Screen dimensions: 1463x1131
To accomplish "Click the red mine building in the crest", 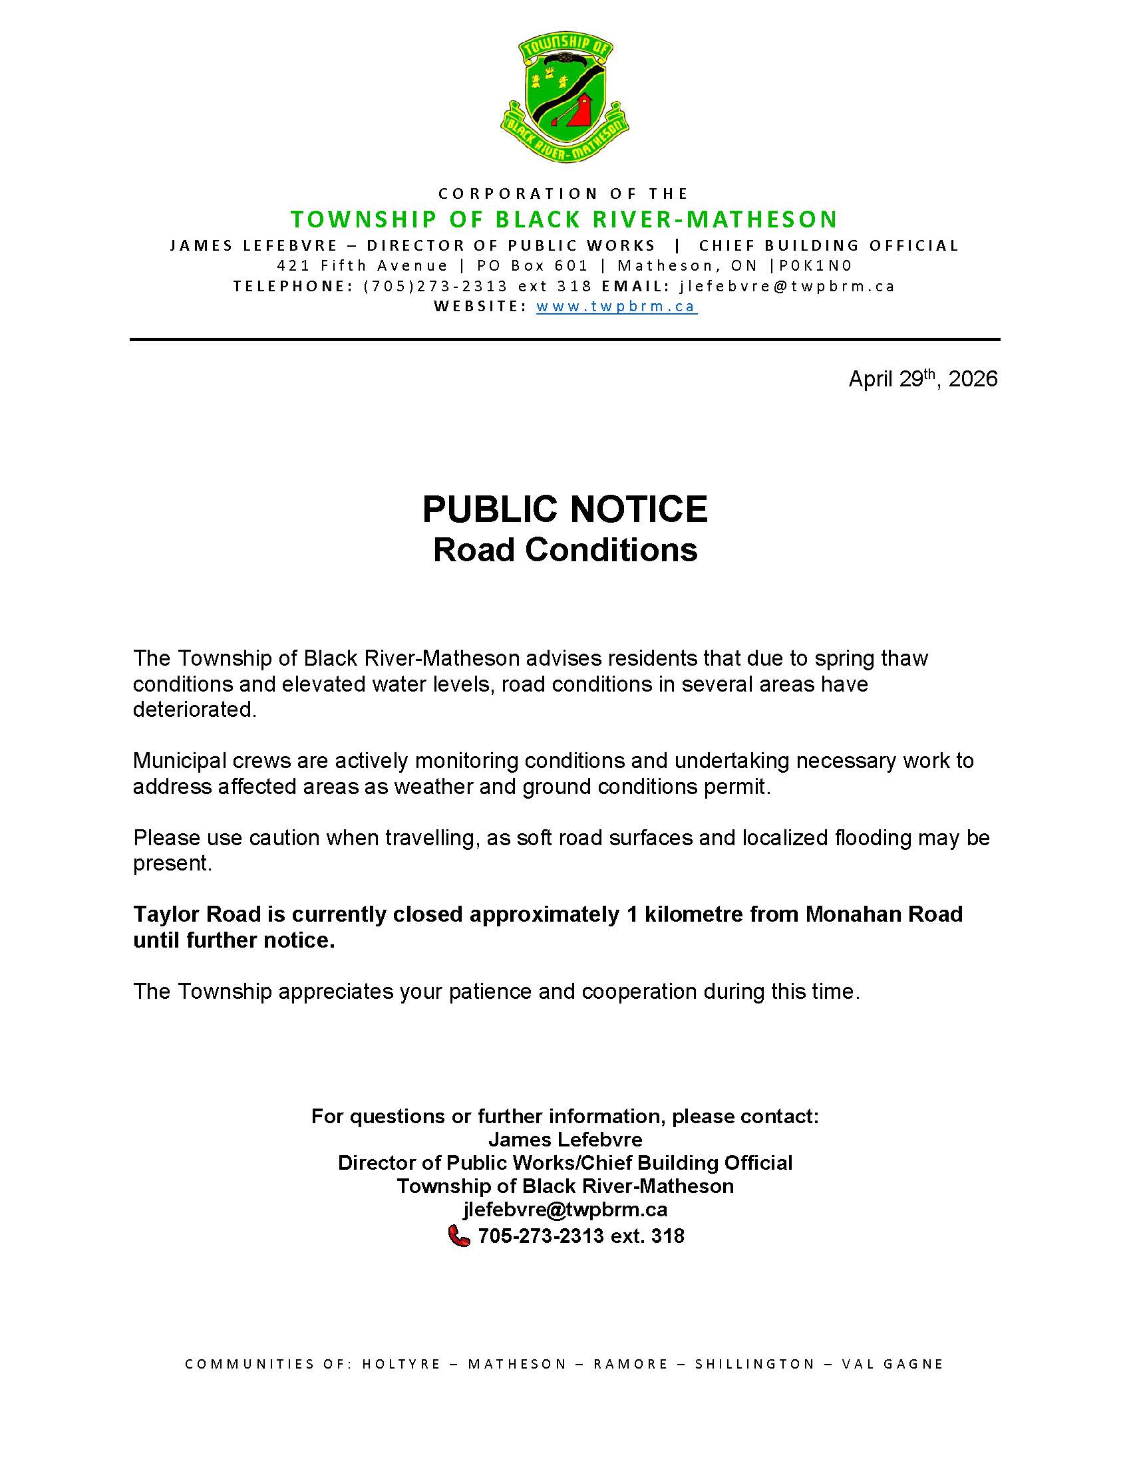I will [580, 111].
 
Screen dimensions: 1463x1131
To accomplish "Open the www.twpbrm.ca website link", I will [617, 307].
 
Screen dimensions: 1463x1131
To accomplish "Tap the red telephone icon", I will [459, 1236].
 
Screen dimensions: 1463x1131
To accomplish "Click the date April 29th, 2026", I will [923, 379].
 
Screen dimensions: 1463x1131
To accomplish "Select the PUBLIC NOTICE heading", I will [565, 509].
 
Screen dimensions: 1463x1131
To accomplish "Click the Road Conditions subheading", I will [565, 550].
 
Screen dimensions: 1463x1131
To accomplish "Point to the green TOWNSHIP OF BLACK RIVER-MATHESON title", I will [564, 219].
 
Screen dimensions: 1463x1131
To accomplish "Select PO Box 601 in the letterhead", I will [532, 265].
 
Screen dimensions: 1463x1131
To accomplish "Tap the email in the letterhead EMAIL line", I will [787, 286].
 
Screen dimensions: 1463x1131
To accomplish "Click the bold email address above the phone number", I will [565, 1210].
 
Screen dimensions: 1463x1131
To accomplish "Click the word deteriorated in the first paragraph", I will [194, 710].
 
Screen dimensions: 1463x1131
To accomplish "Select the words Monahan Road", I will [884, 914].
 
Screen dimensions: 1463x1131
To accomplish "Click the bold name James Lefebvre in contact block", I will [565, 1139].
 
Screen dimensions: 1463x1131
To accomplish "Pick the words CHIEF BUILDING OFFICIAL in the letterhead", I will [828, 245].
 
